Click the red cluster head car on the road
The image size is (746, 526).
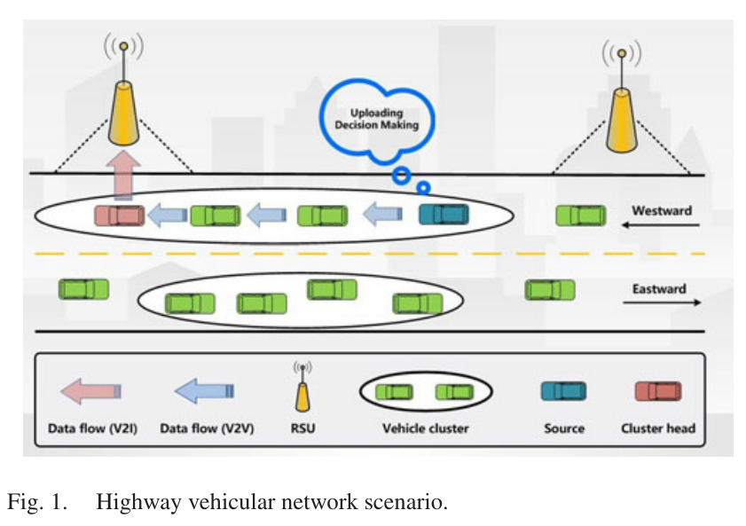point(120,215)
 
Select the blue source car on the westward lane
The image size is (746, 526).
point(444,214)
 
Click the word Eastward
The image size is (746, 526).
point(659,288)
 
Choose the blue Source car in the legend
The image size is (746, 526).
point(563,391)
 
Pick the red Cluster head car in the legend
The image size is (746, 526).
point(658,391)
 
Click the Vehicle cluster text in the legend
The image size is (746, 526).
point(425,428)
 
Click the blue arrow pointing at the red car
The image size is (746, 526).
point(168,215)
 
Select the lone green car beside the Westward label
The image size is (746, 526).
point(581,215)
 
